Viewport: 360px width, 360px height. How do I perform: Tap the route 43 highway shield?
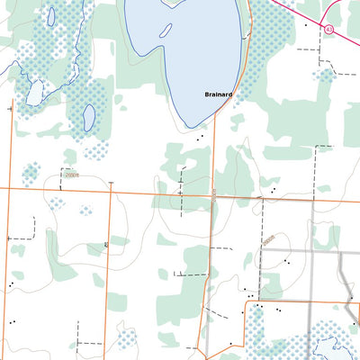tap(329, 29)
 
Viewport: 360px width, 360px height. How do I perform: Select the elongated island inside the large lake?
tap(167, 28)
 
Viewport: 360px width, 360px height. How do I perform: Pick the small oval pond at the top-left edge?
tap(51, 15)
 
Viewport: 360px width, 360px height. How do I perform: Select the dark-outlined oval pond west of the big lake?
tap(89, 117)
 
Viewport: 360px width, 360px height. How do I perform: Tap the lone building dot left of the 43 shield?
tap(305, 25)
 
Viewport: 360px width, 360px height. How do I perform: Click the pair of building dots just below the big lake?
tap(199, 138)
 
